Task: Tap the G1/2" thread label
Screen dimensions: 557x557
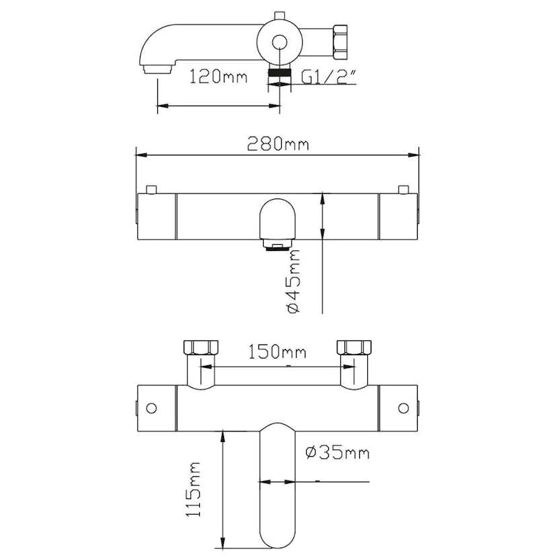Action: (x=328, y=77)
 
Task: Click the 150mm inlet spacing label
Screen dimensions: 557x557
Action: (x=277, y=351)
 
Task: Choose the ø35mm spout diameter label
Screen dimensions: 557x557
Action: (x=337, y=453)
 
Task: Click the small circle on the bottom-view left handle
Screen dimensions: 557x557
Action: (x=151, y=408)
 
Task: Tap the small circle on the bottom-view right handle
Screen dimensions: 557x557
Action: (x=404, y=408)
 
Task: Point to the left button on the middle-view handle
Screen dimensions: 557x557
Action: (x=151, y=189)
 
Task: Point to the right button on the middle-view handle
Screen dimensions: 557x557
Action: (x=404, y=189)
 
